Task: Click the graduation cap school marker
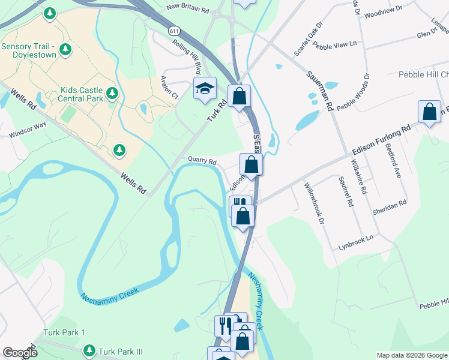pos(205,88)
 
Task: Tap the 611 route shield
pos(174,31)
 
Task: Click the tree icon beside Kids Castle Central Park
pos(112,93)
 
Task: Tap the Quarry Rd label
pos(202,161)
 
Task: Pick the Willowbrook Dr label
pos(314,203)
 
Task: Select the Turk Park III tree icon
pos(89,350)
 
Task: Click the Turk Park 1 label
pos(64,332)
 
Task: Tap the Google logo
pos(20,353)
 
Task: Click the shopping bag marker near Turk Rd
pos(239,95)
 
